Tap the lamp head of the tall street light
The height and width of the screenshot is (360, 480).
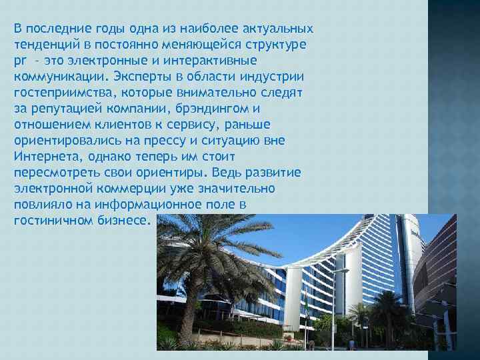click(x=344, y=271)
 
